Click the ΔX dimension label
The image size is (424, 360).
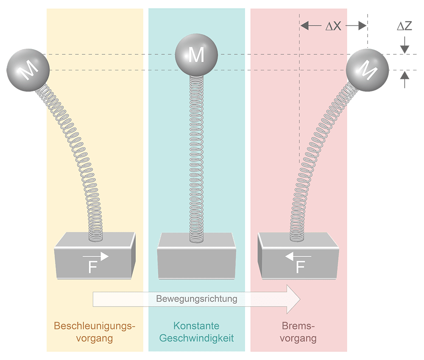pyautogui.click(x=333, y=26)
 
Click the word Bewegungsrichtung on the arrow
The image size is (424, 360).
pyautogui.click(x=196, y=299)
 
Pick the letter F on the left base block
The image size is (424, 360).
pyautogui.click(x=93, y=268)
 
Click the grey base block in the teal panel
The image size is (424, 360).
pyautogui.click(x=196, y=258)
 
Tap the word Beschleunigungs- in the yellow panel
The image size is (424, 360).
pyautogui.click(x=94, y=326)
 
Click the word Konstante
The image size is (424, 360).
pyautogui.click(x=196, y=326)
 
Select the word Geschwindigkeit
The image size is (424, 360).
pyautogui.click(x=196, y=339)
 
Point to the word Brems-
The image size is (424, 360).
pyautogui.click(x=298, y=326)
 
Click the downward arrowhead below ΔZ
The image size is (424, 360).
pyautogui.click(x=405, y=49)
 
